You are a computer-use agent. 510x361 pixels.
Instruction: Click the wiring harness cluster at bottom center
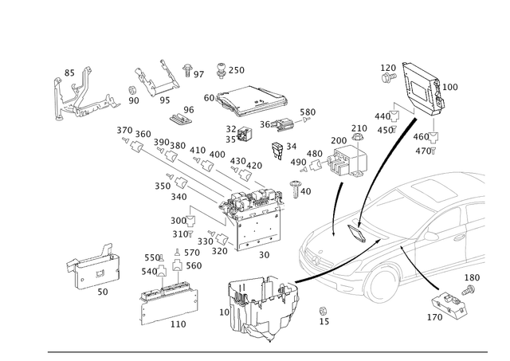click(263, 306)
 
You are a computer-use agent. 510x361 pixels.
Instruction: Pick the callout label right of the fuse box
click(451, 86)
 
